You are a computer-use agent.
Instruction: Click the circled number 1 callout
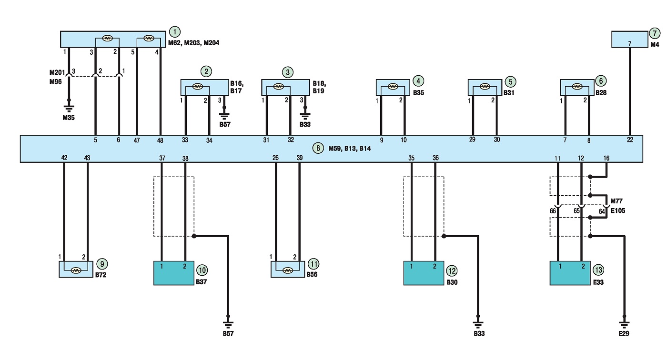(175, 31)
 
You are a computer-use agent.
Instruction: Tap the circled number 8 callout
(318, 148)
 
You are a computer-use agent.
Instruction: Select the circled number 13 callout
(598, 270)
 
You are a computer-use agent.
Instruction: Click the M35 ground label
(69, 118)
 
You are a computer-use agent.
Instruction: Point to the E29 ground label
(624, 333)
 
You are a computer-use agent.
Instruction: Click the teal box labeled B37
(174, 273)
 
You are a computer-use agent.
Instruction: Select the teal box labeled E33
(570, 273)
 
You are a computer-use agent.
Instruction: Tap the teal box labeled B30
(424, 273)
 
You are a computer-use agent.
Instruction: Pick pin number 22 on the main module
(630, 140)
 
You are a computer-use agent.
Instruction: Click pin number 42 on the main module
(64, 158)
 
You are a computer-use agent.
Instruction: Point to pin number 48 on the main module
(160, 140)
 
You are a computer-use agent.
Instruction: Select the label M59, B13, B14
(350, 149)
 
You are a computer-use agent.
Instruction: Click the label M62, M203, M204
(193, 43)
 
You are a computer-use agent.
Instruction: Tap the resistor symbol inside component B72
(76, 270)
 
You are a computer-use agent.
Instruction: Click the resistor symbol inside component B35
(393, 87)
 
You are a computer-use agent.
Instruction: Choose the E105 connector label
(618, 210)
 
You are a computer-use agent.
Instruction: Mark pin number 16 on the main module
(606, 158)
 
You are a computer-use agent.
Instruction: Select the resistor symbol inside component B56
(287, 270)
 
